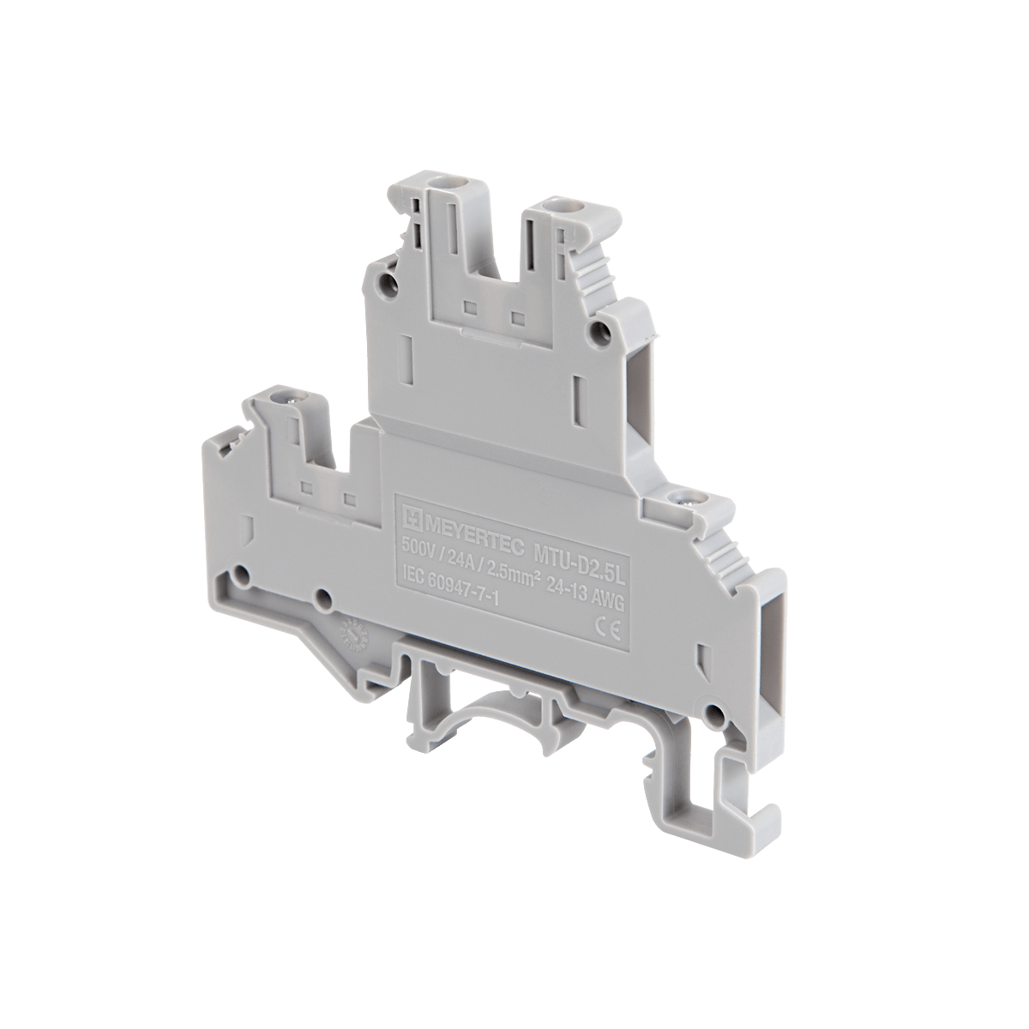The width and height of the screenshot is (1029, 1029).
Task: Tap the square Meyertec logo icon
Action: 411,514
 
